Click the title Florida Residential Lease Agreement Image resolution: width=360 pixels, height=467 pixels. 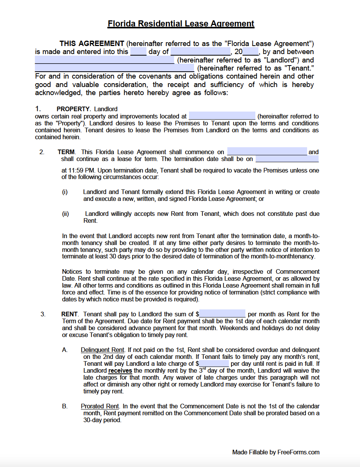click(181, 24)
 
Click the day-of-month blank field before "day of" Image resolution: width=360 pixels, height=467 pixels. click(138, 52)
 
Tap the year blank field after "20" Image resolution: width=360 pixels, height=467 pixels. click(251, 52)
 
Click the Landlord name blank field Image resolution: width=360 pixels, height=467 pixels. click(104, 60)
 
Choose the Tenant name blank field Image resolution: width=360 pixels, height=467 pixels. click(114, 68)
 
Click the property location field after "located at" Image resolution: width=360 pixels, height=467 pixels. click(222, 116)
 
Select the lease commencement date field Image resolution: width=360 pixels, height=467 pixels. click(267, 152)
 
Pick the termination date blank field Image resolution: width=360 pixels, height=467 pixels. click(287, 159)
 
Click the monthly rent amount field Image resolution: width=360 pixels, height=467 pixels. click(222, 314)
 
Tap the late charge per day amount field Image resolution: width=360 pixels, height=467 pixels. click(214, 363)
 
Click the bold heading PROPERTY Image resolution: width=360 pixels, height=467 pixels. click(73, 109)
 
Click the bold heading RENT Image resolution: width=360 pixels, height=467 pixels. click(69, 314)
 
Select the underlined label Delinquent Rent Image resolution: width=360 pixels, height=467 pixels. click(102, 350)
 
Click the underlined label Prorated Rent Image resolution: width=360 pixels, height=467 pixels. click(100, 406)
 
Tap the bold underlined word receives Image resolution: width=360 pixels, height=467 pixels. click(120, 371)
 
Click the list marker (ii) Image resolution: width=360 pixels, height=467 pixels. click(66, 214)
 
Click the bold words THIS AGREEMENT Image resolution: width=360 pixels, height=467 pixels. click(92, 44)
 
